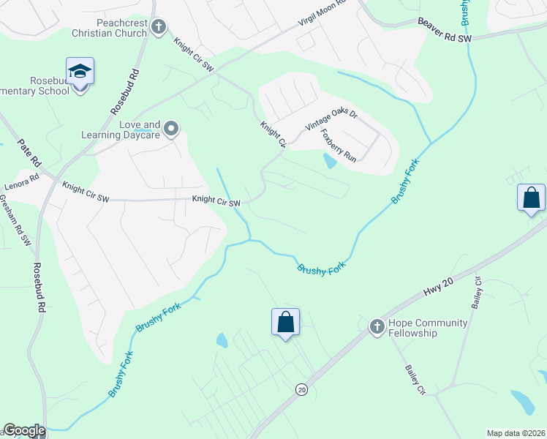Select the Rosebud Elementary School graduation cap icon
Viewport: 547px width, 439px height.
pyautogui.click(x=80, y=72)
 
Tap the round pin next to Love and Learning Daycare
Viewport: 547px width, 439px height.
pyautogui.click(x=172, y=130)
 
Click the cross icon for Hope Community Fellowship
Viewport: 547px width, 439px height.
pyautogui.click(x=377, y=327)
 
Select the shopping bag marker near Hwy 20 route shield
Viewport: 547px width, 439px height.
pyautogui.click(x=285, y=322)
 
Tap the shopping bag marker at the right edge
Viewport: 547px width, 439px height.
pyautogui.click(x=531, y=198)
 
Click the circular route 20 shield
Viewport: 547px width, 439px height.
pyautogui.click(x=301, y=389)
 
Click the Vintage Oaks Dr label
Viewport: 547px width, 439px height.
pyautogui.click(x=331, y=122)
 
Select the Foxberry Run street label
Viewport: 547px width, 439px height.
pyautogui.click(x=340, y=148)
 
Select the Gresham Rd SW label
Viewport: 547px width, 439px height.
pyautogui.click(x=16, y=219)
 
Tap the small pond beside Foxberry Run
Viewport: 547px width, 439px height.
pyautogui.click(x=330, y=161)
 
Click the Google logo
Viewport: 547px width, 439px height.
pyautogui.click(x=23, y=430)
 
